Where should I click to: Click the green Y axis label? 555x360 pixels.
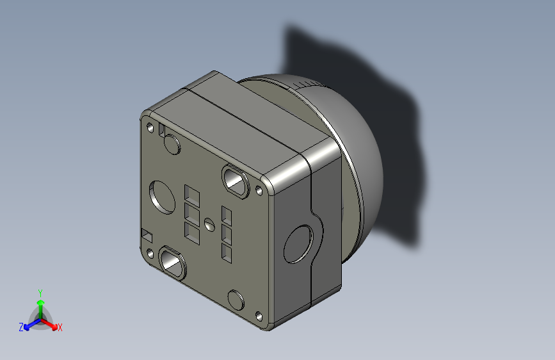[x=40, y=291]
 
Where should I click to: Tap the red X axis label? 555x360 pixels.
[x=60, y=327]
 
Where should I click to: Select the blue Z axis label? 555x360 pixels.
[x=21, y=327]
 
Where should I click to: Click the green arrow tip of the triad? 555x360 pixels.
[x=40, y=302]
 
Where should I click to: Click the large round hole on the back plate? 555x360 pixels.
[x=162, y=195]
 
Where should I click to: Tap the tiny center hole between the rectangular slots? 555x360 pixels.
[x=209, y=224]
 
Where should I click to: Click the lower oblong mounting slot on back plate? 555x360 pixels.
[x=172, y=262]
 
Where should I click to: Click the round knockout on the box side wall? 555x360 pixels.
[x=299, y=244]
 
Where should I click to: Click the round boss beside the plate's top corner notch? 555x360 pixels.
[x=172, y=145]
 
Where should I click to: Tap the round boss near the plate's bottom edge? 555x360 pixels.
[x=236, y=300]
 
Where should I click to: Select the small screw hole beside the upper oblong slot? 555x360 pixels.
[x=259, y=190]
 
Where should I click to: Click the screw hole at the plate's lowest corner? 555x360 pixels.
[x=259, y=316]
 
